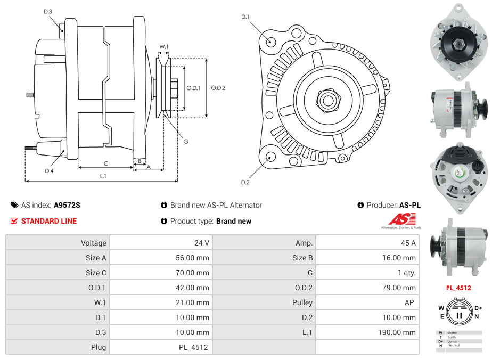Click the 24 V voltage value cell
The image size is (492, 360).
click(x=201, y=243)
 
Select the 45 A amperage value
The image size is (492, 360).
click(x=408, y=243)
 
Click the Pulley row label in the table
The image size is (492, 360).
click(x=302, y=302)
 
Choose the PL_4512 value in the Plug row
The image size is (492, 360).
click(x=194, y=347)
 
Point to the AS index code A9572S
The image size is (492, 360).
click(x=67, y=205)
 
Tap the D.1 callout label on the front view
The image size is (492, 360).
click(x=245, y=17)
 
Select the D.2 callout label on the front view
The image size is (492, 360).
click(x=245, y=182)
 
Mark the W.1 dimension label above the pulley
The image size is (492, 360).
click(x=164, y=47)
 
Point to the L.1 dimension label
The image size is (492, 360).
click(x=103, y=176)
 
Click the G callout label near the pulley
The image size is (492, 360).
click(x=186, y=142)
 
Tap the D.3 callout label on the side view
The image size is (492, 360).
click(x=48, y=11)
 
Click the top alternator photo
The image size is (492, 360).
click(x=458, y=41)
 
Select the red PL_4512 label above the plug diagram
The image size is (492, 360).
click(x=458, y=288)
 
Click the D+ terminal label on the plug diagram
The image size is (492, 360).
click(x=478, y=308)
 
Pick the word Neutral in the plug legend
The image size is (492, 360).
click(x=453, y=346)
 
